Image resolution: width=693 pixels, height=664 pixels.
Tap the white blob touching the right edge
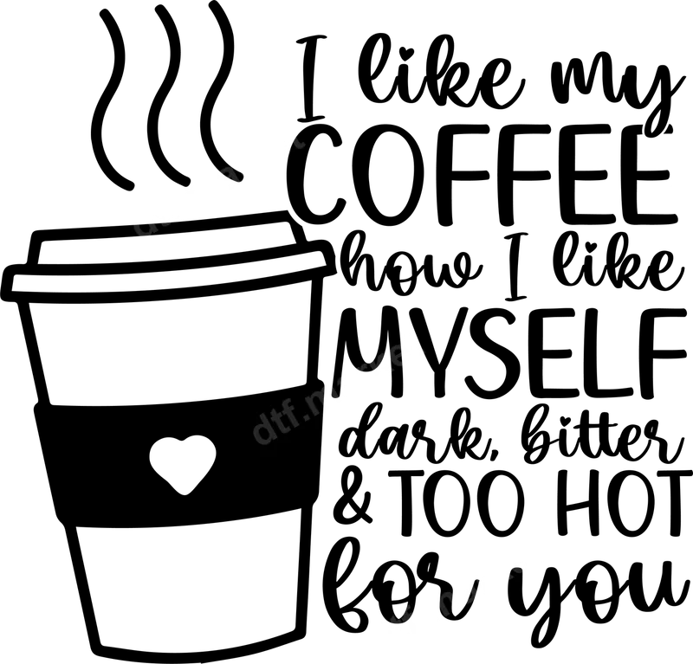click(681, 188)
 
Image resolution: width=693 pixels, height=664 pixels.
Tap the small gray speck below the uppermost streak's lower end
click(146, 239)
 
